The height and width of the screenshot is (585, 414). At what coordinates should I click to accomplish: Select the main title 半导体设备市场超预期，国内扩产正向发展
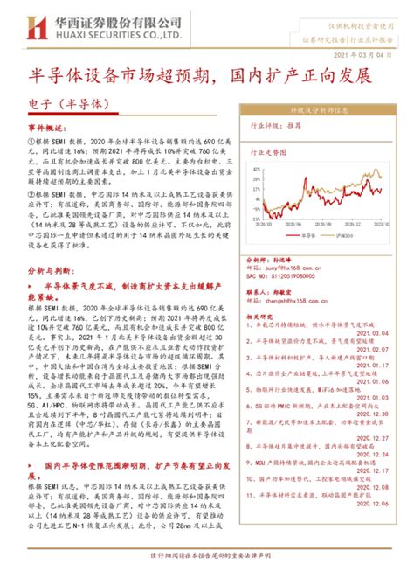[207, 76]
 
